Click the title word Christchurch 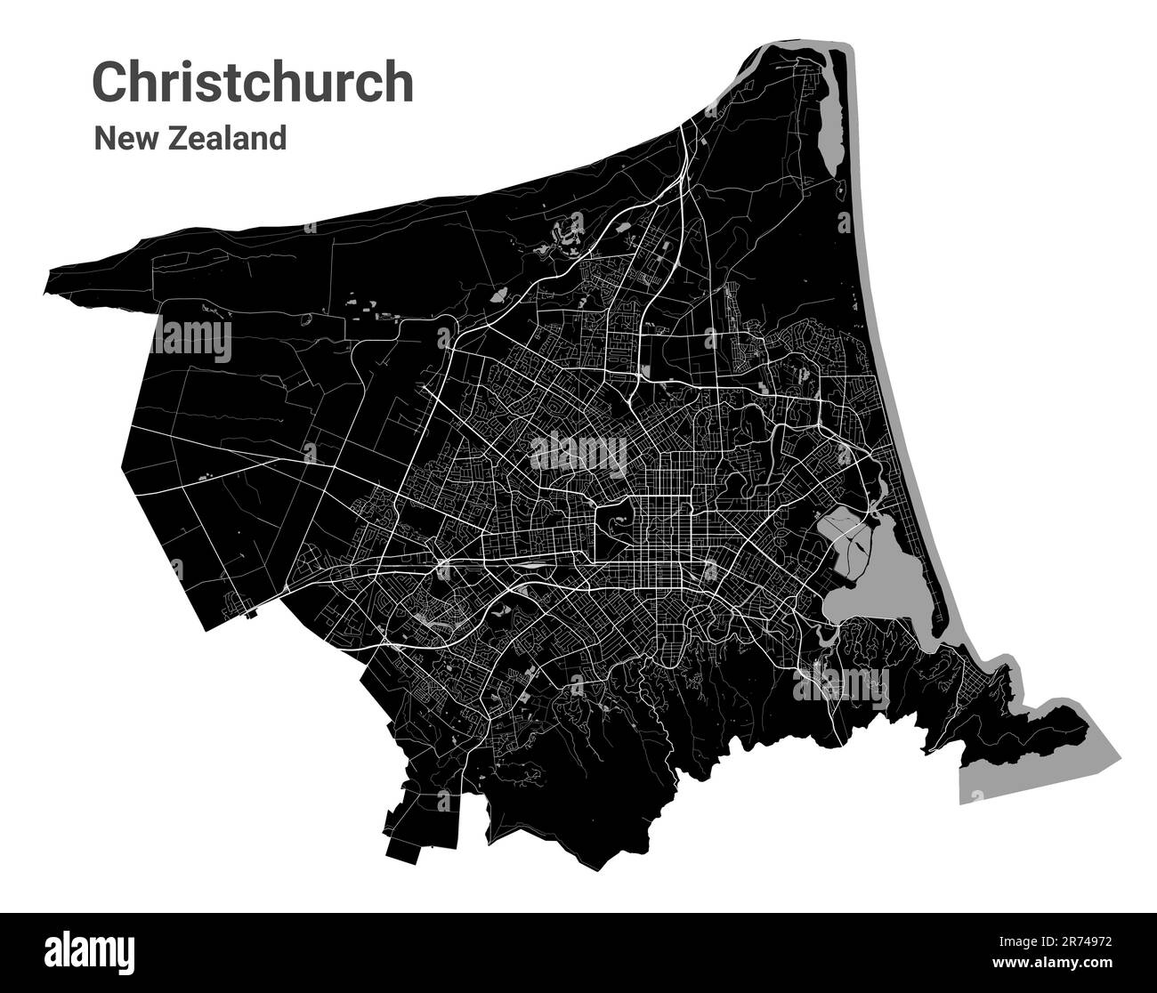253,83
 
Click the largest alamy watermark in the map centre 578,455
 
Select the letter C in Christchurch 110,83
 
